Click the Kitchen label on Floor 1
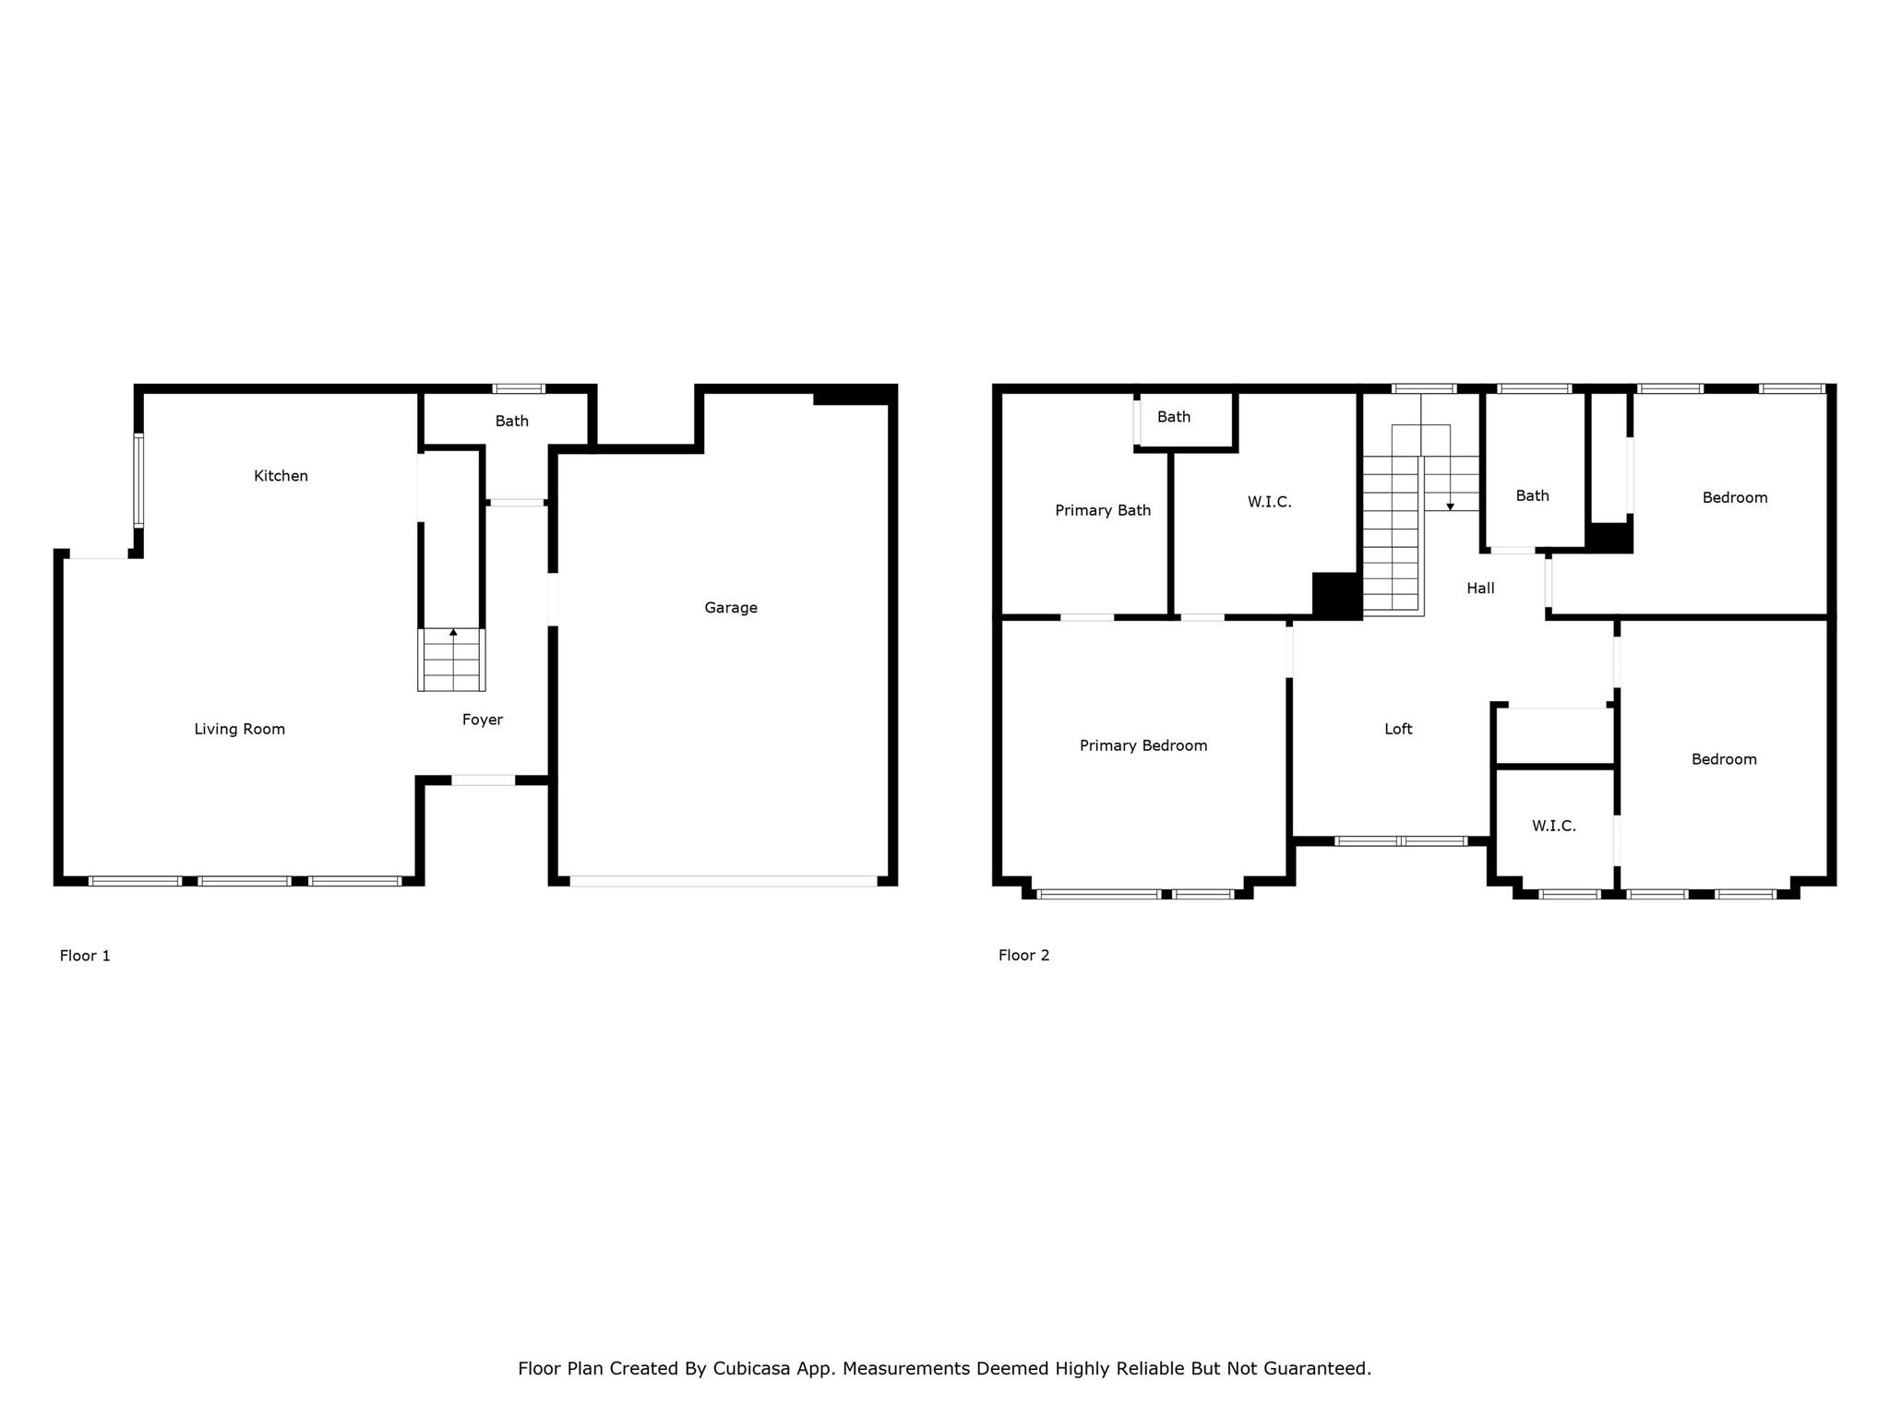pyautogui.click(x=281, y=476)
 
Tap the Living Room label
pyautogui.click(x=239, y=730)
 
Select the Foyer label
pyautogui.click(x=482, y=720)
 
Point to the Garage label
pyautogui.click(x=731, y=608)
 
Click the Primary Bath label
pyautogui.click(x=1103, y=511)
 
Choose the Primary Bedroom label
pyautogui.click(x=1143, y=746)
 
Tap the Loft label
pyautogui.click(x=1398, y=729)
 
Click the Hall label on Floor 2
pyautogui.click(x=1480, y=589)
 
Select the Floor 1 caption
pyautogui.click(x=85, y=956)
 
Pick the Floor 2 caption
pyautogui.click(x=1023, y=956)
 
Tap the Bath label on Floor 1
pyautogui.click(x=511, y=422)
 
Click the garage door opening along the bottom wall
pyautogui.click(x=724, y=881)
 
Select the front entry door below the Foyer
pyautogui.click(x=483, y=780)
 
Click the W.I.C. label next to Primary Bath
pyautogui.click(x=1269, y=503)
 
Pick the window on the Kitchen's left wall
pyautogui.click(x=138, y=480)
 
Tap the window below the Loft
pyautogui.click(x=1400, y=841)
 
